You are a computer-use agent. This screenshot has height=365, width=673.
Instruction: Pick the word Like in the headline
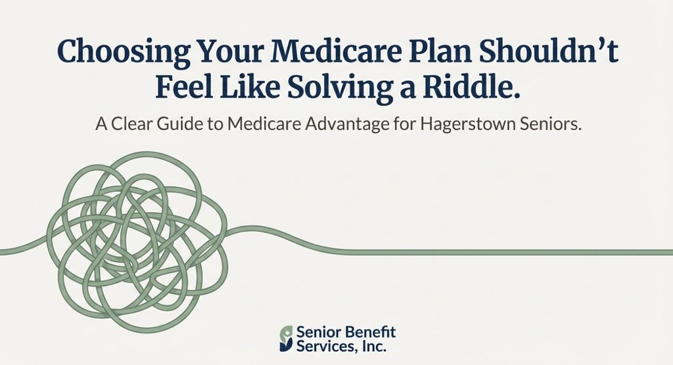[248, 89]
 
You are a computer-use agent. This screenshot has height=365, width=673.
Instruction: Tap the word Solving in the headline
[331, 89]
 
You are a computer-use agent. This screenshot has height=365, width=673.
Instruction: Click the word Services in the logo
[322, 345]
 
